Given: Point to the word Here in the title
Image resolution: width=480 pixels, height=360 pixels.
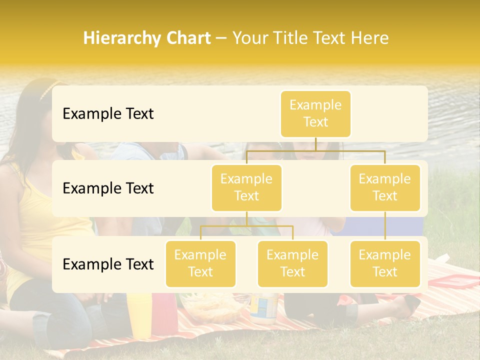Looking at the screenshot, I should pos(369,38).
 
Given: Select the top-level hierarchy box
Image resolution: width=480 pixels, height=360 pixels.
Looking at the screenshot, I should pos(315,113).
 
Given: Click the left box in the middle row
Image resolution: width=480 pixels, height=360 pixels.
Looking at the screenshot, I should pos(246,187).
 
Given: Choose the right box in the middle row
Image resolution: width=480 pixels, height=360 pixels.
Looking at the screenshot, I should pos(385,187).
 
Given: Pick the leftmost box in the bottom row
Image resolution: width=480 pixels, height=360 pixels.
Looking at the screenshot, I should pos(200,263).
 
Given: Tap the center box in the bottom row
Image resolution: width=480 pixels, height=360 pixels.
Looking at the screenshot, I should pos(292,263).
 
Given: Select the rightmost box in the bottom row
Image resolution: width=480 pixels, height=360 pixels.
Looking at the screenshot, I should pos(385,263).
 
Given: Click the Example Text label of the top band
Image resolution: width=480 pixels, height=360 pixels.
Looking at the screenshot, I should pos(108,114).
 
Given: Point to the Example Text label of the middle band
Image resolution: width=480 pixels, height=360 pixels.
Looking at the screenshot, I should pos(108,188).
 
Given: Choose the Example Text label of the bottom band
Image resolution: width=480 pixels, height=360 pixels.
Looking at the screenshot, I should pos(108,264).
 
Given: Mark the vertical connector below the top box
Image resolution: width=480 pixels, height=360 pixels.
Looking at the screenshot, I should pos(315,143).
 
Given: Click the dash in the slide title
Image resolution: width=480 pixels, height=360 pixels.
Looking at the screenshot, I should pos(221,38).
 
